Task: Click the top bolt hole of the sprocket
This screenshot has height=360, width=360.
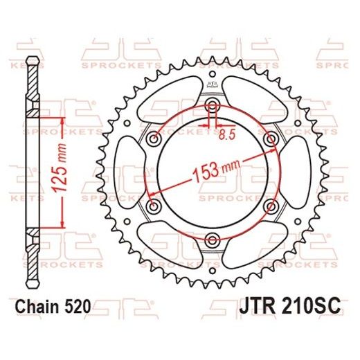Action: (211, 105)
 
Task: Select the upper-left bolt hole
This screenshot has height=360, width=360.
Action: (152, 139)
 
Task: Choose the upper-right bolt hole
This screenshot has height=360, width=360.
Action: (270, 139)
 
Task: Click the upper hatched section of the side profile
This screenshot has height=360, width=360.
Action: (32, 87)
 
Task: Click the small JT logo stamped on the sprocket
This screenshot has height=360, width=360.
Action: (211, 82)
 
